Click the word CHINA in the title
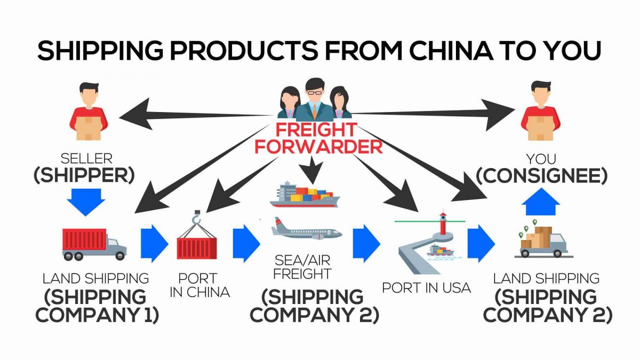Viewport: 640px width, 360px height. tap(453, 51)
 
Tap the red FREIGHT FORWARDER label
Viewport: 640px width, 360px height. tap(318, 138)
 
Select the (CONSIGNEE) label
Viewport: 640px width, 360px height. tap(541, 177)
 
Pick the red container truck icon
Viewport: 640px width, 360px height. tap(94, 244)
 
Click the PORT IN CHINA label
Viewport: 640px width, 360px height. tap(197, 285)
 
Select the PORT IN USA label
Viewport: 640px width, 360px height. tap(426, 288)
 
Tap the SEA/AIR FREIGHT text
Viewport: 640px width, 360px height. tap(302, 267)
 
